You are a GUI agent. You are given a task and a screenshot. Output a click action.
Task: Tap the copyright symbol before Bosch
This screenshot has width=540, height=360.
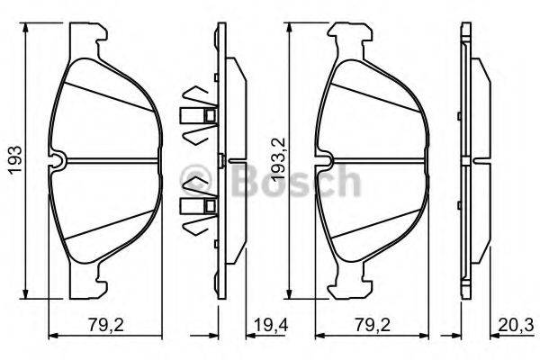coord(192,176)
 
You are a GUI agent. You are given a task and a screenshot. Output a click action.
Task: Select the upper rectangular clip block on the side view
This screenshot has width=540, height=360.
coord(197,116)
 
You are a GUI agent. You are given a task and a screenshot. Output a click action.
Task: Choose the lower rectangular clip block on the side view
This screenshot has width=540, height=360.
coord(197,206)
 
